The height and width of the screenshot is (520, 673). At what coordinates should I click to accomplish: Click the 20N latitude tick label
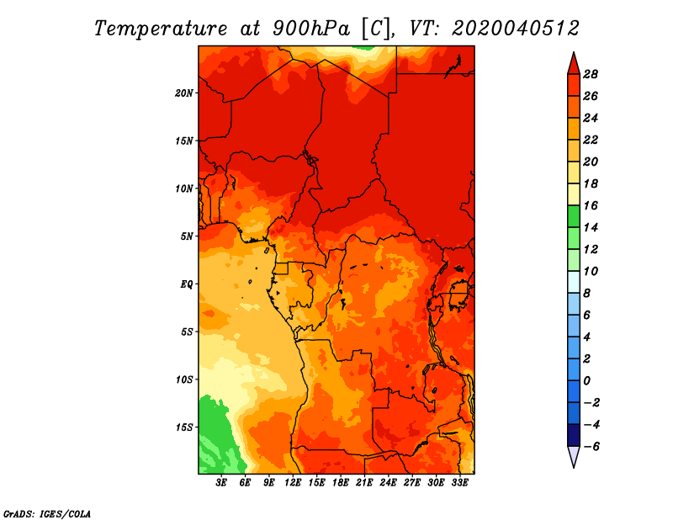(184, 93)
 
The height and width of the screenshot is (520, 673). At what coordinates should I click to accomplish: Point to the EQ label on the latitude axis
(187, 284)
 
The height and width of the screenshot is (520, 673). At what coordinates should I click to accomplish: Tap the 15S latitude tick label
(184, 427)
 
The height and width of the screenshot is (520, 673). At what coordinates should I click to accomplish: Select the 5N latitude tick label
(187, 236)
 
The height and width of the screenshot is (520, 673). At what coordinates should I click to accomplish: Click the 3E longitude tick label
(222, 482)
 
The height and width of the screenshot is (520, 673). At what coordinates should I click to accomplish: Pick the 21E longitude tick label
(364, 482)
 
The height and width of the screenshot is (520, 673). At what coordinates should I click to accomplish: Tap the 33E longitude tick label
(459, 482)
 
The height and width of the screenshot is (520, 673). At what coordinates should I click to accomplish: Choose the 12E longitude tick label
(293, 482)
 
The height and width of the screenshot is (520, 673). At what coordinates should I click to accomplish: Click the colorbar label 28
(591, 74)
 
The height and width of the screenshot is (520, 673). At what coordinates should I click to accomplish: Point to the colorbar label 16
(591, 205)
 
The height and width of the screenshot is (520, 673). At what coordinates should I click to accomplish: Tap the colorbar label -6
(591, 446)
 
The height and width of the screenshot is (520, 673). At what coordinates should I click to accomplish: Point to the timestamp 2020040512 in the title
(516, 28)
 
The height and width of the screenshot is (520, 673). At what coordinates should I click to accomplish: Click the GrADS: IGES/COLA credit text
(47, 512)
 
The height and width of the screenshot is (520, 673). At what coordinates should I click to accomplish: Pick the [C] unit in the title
(376, 28)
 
